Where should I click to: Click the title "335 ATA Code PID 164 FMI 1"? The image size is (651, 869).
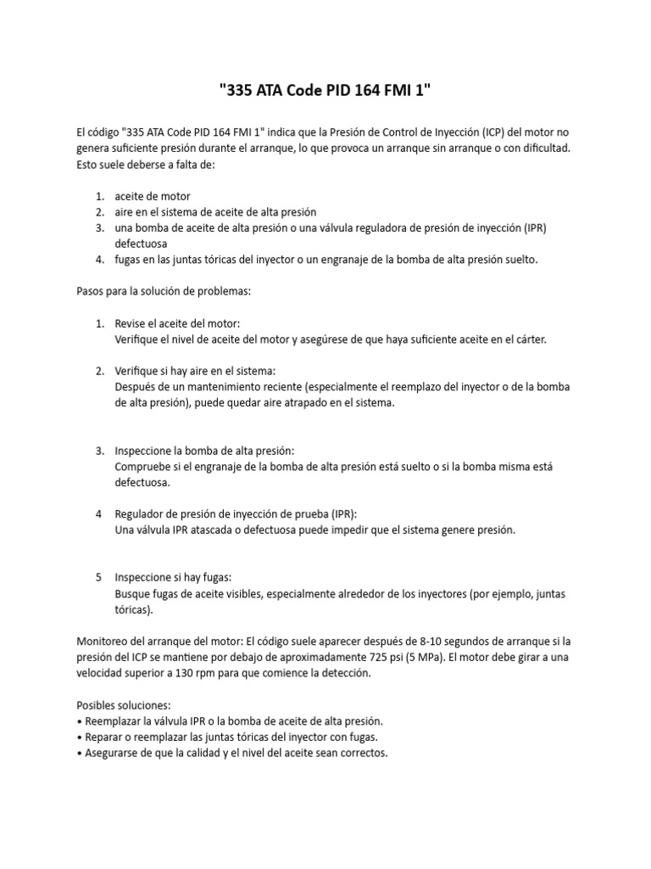click(x=325, y=92)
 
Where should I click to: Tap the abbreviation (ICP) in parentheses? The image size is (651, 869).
click(x=496, y=133)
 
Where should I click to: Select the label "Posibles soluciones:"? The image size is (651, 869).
click(x=123, y=705)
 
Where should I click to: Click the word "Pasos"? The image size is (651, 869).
click(x=92, y=291)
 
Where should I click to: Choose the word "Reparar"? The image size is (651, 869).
click(x=107, y=737)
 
